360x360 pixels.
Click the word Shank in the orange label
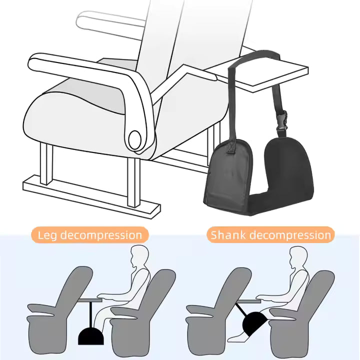tap(228, 235)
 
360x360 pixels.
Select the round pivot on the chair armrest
tap(135, 139)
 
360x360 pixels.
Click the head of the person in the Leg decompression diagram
tap(139, 256)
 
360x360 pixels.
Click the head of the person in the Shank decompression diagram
tap(298, 256)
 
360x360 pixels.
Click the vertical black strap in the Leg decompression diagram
tap(91, 314)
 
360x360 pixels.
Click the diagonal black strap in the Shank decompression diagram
tap(240, 309)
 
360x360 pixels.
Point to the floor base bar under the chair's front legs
tap(91, 197)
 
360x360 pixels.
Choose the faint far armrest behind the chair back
tap(110, 24)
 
